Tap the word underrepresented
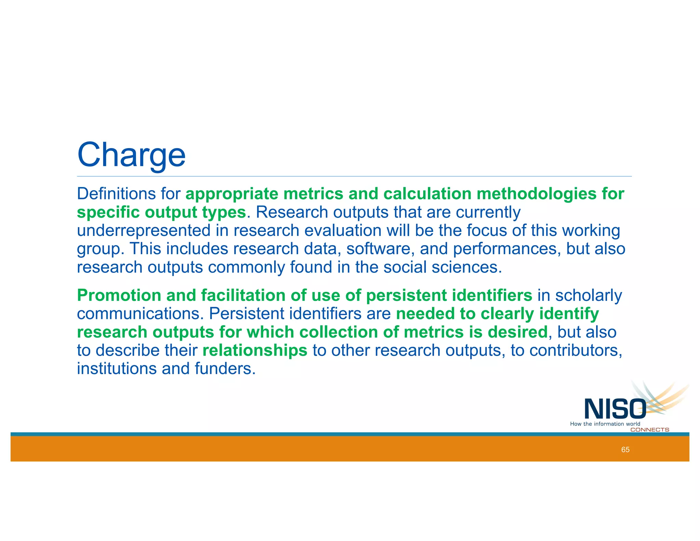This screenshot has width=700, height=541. [144, 230]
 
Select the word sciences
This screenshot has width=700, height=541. [467, 267]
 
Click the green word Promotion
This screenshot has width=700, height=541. [119, 295]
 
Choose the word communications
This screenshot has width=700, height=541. [140, 314]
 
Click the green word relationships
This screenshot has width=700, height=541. [255, 351]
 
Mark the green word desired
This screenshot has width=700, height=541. [518, 332]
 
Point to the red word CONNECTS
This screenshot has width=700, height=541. [649, 430]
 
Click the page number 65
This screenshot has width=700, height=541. [625, 450]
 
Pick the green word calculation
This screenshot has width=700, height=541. [427, 194]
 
